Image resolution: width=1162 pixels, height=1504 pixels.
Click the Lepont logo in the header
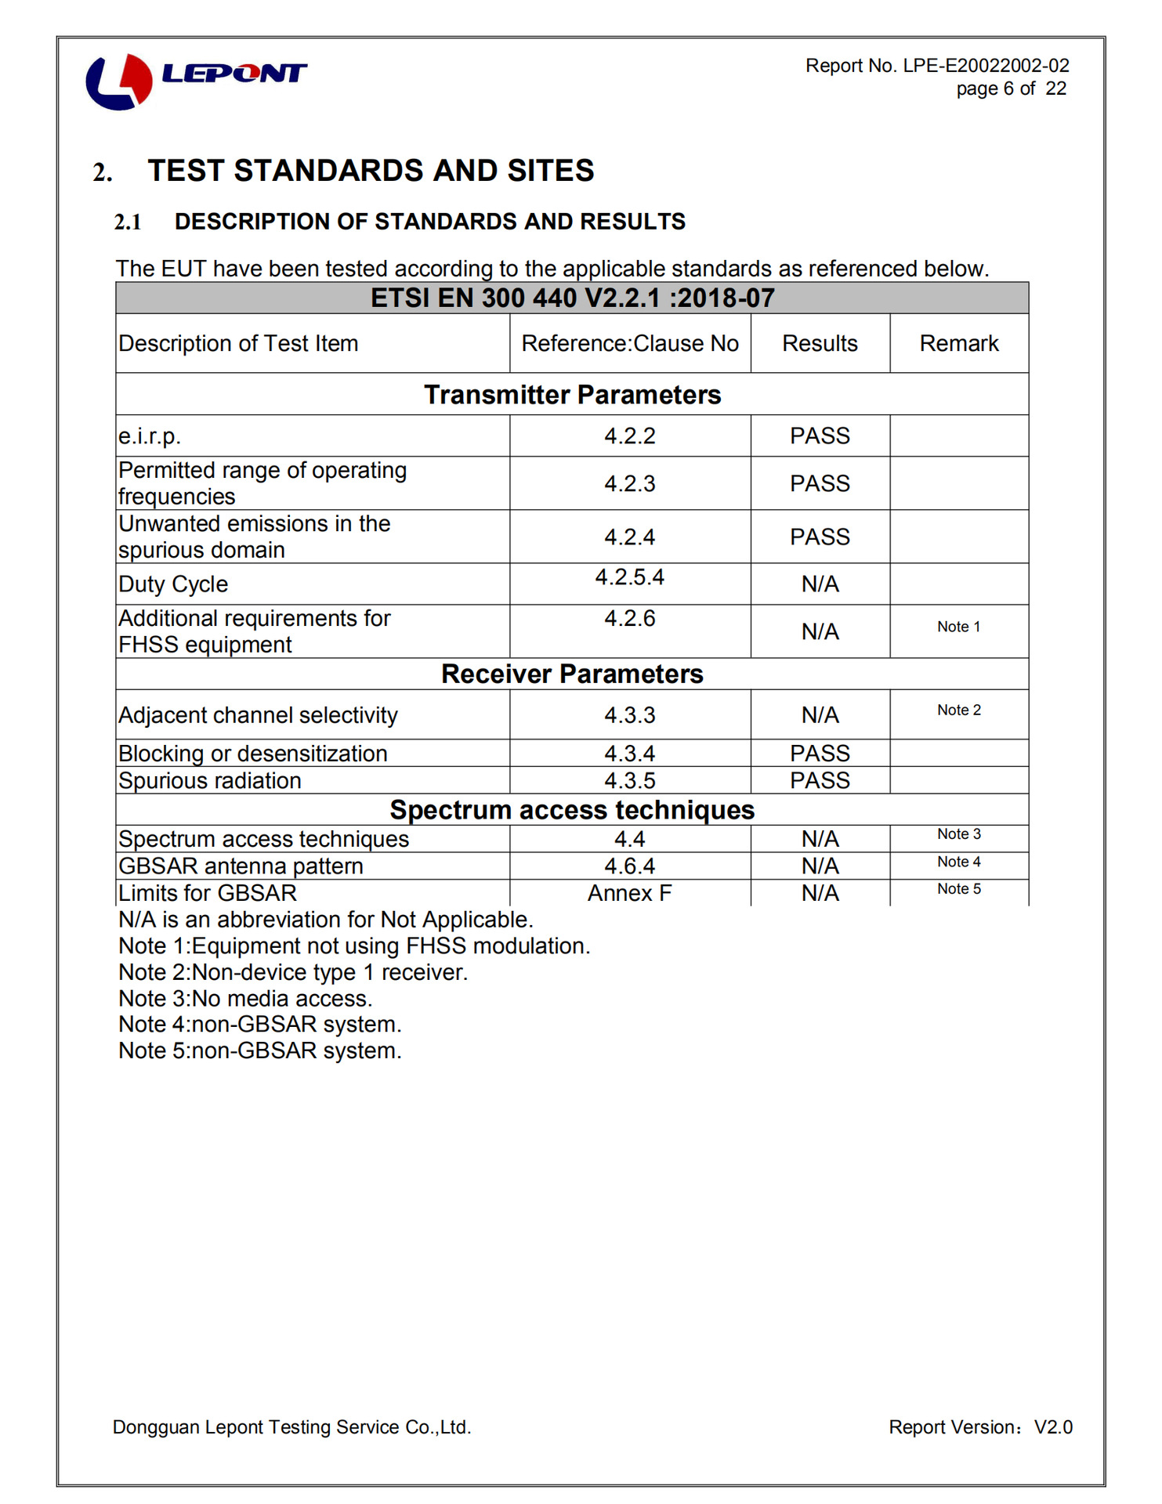(196, 80)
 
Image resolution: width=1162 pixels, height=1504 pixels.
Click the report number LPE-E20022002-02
(986, 66)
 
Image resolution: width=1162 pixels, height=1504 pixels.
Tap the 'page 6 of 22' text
(1011, 89)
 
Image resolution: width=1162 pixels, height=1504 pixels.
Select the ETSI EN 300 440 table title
(572, 298)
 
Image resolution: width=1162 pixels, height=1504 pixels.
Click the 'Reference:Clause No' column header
(630, 344)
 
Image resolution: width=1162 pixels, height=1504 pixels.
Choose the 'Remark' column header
(959, 344)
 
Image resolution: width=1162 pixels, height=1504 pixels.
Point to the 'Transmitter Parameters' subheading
(572, 395)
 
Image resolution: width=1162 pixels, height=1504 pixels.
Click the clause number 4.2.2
(630, 436)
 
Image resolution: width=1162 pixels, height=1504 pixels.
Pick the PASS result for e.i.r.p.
(820, 436)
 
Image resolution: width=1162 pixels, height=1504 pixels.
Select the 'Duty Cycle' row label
(173, 584)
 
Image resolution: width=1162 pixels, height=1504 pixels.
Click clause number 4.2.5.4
(630, 577)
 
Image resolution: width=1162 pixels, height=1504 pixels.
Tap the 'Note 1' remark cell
(959, 627)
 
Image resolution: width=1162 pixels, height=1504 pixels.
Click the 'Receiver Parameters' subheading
(572, 674)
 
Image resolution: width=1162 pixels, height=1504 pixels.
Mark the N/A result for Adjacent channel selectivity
(820, 715)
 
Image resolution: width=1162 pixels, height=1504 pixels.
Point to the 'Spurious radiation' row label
(210, 781)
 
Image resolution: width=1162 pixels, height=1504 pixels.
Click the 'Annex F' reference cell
(630, 894)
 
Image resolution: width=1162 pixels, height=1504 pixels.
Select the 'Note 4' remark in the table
(959, 862)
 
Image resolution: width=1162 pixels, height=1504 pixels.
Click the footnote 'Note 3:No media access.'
(245, 999)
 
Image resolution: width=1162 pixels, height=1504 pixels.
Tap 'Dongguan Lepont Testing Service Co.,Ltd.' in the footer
(291, 1427)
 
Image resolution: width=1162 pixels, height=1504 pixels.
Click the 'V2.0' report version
(1053, 1427)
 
